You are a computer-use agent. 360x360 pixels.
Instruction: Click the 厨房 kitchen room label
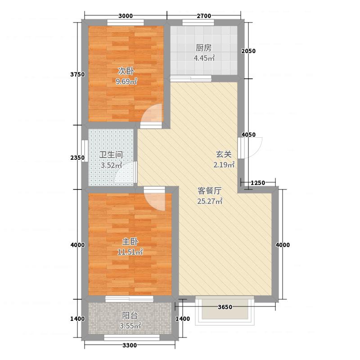203,48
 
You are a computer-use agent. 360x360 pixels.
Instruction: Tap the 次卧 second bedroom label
126,71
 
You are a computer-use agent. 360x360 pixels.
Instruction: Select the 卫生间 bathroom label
111,154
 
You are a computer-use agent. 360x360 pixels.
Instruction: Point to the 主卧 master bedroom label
130,242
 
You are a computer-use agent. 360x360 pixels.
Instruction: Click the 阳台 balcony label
130,315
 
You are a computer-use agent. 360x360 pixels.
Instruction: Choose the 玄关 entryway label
224,154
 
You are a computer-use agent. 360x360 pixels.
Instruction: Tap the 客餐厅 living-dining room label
210,190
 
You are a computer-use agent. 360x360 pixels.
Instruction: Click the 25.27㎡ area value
210,201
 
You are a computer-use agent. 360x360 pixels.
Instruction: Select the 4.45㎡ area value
204,58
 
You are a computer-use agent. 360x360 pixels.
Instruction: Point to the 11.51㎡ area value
130,252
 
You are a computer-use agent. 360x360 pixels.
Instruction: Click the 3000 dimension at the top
126,16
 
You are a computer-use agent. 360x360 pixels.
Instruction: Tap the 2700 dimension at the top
204,16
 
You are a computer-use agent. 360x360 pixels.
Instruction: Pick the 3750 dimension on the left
77,74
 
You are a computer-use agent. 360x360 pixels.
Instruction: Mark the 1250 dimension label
258,183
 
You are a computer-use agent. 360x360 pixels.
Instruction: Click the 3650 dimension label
225,307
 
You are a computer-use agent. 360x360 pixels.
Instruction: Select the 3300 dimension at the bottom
130,345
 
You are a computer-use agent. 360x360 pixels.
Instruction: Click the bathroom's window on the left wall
85,151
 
